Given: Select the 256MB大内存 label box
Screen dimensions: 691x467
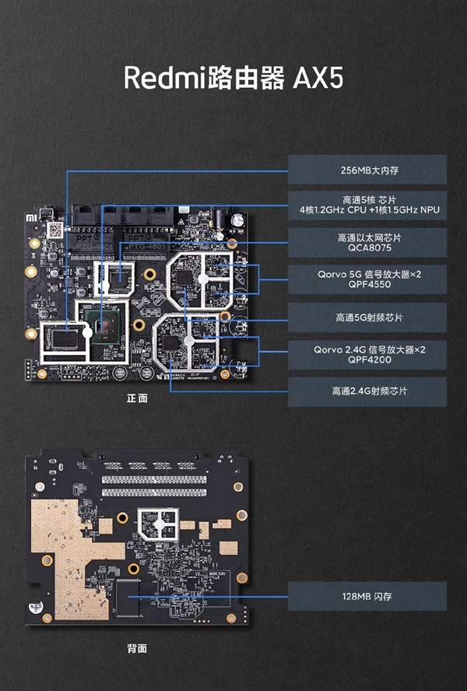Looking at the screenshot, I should pyautogui.click(x=367, y=169).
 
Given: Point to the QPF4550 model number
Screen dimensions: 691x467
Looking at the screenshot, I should pyautogui.click(x=367, y=285).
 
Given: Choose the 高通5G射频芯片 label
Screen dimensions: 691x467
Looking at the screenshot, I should pyautogui.click(x=367, y=317).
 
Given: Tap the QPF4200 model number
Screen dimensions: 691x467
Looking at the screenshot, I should pyautogui.click(x=367, y=360).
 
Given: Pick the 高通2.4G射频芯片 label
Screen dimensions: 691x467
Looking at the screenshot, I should pyautogui.click(x=367, y=391).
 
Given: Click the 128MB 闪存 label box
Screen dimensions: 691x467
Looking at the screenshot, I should pyautogui.click(x=367, y=595).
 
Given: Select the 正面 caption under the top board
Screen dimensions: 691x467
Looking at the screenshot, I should pyautogui.click(x=138, y=398).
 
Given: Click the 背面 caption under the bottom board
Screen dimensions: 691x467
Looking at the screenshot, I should pyautogui.click(x=138, y=648).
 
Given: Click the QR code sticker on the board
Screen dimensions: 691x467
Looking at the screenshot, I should pyautogui.click(x=54, y=230).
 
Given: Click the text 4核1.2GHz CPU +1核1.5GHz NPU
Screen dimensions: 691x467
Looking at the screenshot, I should pyautogui.click(x=367, y=210).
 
